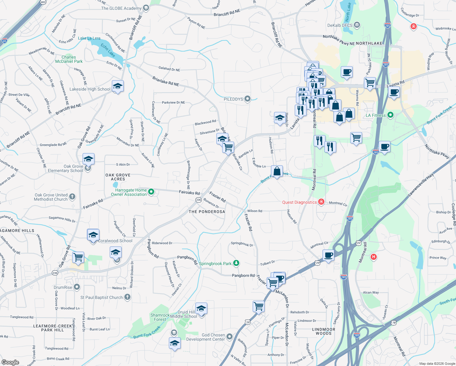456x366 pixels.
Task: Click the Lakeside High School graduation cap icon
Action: [117, 87]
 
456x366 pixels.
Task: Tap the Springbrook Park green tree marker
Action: [236, 263]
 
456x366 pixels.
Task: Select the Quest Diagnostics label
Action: [299, 202]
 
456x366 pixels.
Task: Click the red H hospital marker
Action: [373, 257]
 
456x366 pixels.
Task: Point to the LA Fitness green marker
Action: [390, 115]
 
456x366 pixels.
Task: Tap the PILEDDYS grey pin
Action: [248, 99]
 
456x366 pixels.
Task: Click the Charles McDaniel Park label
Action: [69, 59]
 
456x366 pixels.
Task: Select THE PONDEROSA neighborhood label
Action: [207, 212]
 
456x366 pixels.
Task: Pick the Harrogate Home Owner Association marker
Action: [151, 192]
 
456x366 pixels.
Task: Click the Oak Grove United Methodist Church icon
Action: [72, 197]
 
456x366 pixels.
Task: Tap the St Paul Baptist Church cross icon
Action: [127, 297]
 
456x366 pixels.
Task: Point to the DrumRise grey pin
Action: [77, 287]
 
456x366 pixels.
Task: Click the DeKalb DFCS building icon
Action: [357, 25]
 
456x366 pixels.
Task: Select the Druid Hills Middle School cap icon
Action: [201, 309]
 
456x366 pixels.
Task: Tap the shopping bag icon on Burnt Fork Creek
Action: [277, 172]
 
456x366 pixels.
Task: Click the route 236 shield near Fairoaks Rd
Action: [198, 200]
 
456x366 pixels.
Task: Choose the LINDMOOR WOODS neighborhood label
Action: [323, 331]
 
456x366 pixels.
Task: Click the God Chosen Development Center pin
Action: [230, 336]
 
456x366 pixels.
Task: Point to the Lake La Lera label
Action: [89, 38]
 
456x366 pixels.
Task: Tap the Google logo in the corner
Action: [10, 362]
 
